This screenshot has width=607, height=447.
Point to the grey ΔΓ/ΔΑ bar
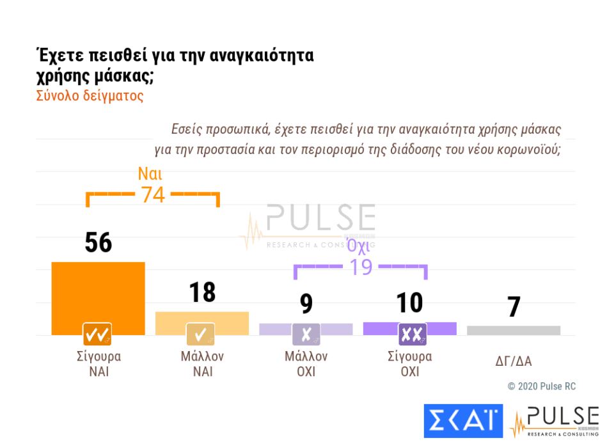(x=514, y=330)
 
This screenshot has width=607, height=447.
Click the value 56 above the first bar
(x=98, y=243)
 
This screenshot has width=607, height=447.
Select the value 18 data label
(x=202, y=292)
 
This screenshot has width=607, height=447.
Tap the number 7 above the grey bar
(x=514, y=308)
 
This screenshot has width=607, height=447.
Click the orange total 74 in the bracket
(x=153, y=194)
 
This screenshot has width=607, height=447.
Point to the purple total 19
(x=361, y=267)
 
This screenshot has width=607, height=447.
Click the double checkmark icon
(x=98, y=334)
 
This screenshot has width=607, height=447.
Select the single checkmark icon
(x=200, y=334)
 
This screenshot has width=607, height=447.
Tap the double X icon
(x=413, y=334)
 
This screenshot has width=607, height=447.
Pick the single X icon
(x=306, y=334)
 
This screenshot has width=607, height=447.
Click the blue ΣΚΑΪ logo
(x=463, y=421)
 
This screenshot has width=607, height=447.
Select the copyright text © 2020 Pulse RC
(x=541, y=386)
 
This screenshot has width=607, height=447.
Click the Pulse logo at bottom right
(x=554, y=421)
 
